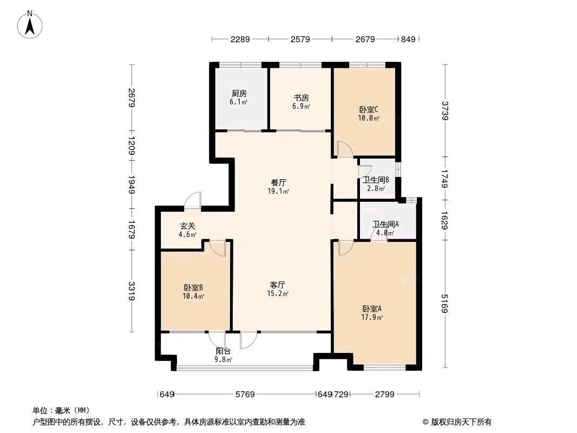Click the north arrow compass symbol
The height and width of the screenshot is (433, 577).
click(x=30, y=24)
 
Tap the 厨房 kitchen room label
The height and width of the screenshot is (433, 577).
click(x=239, y=94)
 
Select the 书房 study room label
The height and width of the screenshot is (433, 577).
click(x=301, y=98)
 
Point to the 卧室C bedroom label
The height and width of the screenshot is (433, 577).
click(x=369, y=110)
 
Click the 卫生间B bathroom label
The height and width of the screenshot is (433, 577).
click(x=376, y=180)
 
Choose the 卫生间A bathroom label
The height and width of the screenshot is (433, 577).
click(x=385, y=224)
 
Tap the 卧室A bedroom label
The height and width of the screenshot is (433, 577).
click(x=372, y=309)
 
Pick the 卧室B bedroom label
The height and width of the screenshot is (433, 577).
click(x=194, y=287)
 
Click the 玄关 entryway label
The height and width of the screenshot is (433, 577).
click(x=187, y=226)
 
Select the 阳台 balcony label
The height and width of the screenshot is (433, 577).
click(x=223, y=351)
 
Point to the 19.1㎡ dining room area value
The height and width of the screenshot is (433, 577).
click(x=278, y=191)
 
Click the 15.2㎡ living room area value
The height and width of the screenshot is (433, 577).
click(x=278, y=293)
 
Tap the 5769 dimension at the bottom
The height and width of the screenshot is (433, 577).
click(x=245, y=395)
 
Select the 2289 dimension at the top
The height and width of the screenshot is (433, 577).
click(x=240, y=39)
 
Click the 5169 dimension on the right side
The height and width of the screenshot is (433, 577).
click(x=444, y=304)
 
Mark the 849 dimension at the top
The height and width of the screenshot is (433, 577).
click(x=408, y=39)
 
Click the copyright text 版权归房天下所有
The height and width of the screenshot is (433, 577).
click(x=461, y=422)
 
